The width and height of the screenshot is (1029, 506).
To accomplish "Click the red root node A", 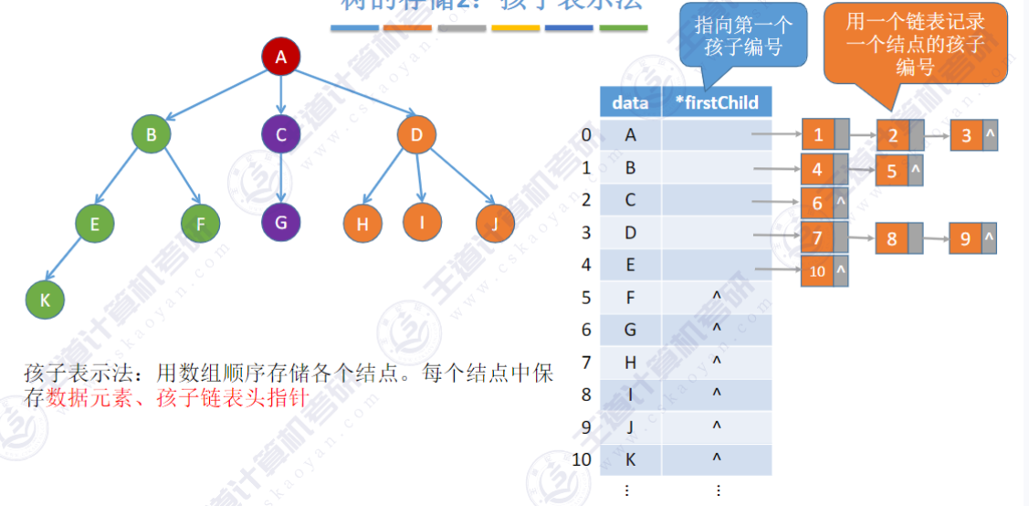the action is pyautogui.click(x=281, y=58).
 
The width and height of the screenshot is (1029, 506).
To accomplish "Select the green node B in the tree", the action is pyautogui.click(x=152, y=135).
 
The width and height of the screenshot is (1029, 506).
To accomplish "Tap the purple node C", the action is pyautogui.click(x=281, y=135).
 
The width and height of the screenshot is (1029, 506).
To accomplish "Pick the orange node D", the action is pyautogui.click(x=417, y=135).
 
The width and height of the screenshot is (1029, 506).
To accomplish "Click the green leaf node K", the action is pyautogui.click(x=45, y=298).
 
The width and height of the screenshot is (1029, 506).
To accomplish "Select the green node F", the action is pyautogui.click(x=200, y=223).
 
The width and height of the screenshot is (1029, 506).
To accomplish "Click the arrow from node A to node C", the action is pyautogui.click(x=281, y=96).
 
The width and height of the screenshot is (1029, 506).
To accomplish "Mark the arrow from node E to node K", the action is pyautogui.click(x=68, y=261).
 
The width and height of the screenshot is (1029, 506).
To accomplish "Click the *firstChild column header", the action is pyautogui.click(x=717, y=102).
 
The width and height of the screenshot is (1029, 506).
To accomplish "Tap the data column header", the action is pyautogui.click(x=630, y=102).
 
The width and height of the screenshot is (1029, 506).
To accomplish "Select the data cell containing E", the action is pyautogui.click(x=630, y=265).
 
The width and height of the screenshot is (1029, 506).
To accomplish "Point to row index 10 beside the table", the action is pyautogui.click(x=582, y=459).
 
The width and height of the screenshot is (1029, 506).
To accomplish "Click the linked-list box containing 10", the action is pyautogui.click(x=817, y=271).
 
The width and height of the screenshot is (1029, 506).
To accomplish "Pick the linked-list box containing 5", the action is pyautogui.click(x=892, y=170).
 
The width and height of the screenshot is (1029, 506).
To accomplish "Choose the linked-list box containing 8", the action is pyautogui.click(x=892, y=239).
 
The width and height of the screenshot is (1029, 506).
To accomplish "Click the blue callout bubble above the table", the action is pyautogui.click(x=743, y=37).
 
